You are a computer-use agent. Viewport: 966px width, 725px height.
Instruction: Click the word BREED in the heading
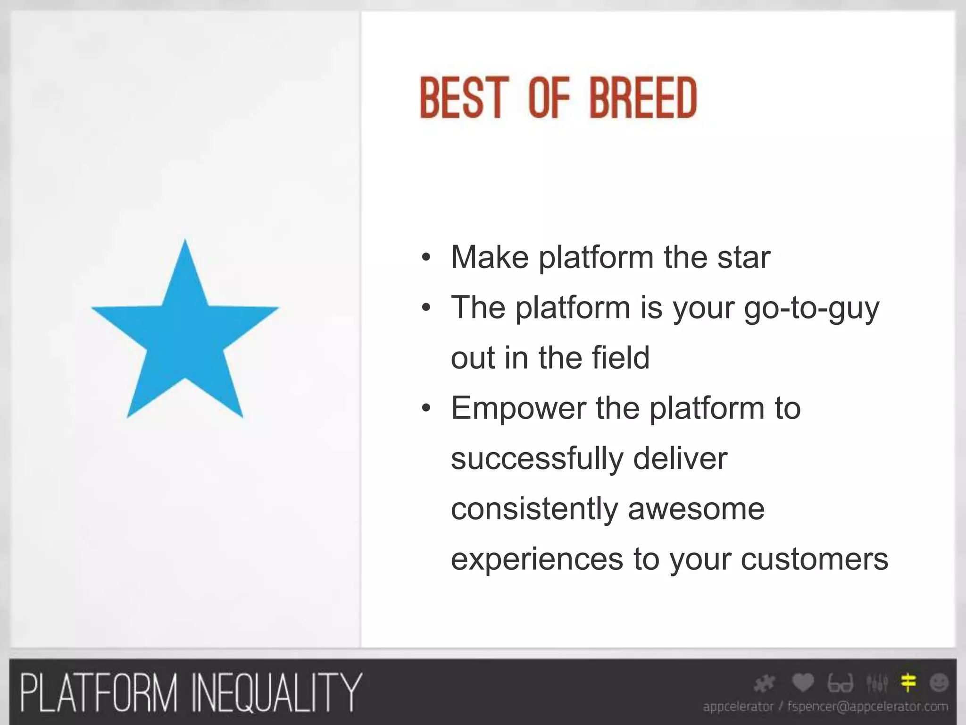(x=643, y=98)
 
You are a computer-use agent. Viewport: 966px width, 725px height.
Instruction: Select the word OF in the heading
(x=549, y=98)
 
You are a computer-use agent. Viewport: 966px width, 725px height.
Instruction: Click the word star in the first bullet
(x=744, y=258)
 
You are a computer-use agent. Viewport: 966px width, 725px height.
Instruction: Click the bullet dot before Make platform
(x=426, y=258)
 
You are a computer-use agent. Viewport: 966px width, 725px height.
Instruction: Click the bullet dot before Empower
(x=426, y=408)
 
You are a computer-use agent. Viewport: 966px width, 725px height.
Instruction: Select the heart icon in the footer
(x=803, y=683)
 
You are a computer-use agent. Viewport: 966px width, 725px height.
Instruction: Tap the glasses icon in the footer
(x=840, y=683)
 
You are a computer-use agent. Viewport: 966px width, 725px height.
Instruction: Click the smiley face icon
(x=939, y=683)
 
